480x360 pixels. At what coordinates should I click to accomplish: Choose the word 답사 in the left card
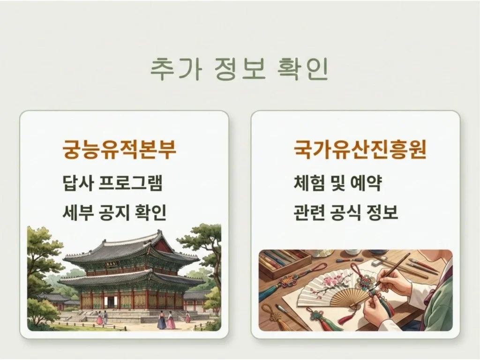[78, 183]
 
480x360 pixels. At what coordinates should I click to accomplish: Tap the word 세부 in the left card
[78, 213]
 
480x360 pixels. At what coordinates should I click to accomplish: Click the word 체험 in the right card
[310, 183]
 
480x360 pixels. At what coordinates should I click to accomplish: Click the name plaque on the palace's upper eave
[112, 265]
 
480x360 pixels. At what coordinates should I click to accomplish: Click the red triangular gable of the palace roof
[164, 245]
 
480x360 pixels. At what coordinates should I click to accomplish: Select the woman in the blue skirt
[161, 321]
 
